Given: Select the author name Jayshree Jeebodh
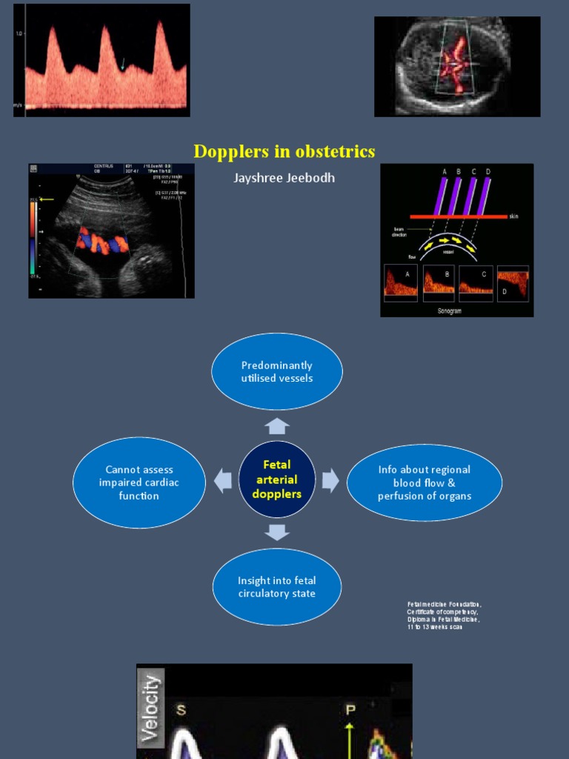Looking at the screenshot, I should pos(284,178).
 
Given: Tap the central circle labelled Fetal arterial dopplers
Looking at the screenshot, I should pos(277,479).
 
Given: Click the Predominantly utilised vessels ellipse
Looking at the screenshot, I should pos(277,371).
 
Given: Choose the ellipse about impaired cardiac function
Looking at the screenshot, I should pos(139,483).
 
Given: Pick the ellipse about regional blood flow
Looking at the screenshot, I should pos(424,483).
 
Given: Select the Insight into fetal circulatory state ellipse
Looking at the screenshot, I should pos(277,587).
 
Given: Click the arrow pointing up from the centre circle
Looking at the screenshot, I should pos(277,425).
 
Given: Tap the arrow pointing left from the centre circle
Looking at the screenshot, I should pos(223,480).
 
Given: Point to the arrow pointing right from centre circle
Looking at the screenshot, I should pos(330,480).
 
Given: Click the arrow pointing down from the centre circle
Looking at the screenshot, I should pos(277,531).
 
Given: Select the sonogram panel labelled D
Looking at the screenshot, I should pos(513,283).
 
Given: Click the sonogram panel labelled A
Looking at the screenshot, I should pos(400,283).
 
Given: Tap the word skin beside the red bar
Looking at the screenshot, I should pos(513,216).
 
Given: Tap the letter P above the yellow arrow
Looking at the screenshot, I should pos(350,709).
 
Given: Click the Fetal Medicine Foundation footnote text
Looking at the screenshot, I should pos(444,616).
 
